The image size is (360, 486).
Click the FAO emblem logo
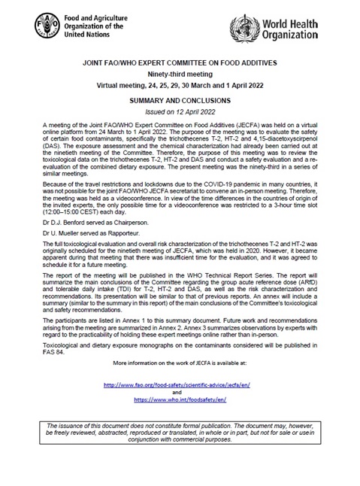point(47,24)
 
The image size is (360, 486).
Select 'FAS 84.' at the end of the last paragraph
point(50,351)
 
